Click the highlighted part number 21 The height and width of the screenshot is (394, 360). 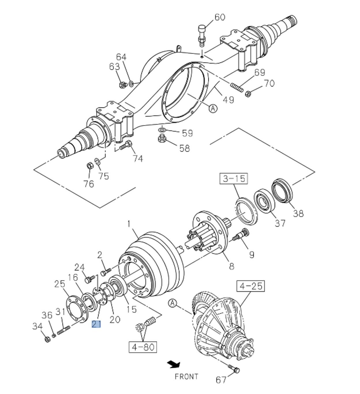click(96, 324)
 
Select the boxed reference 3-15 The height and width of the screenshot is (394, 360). click(234, 178)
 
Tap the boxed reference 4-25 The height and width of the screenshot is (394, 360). click(251, 286)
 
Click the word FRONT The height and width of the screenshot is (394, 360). click(186, 377)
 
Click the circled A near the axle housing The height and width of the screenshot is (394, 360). click(213, 108)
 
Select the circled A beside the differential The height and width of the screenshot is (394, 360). click(172, 303)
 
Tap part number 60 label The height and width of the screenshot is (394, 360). click(220, 17)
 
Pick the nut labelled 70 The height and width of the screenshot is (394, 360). click(247, 94)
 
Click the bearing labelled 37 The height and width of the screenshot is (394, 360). click(263, 201)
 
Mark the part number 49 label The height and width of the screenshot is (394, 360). click(228, 100)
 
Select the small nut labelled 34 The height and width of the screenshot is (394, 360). click(47, 339)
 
